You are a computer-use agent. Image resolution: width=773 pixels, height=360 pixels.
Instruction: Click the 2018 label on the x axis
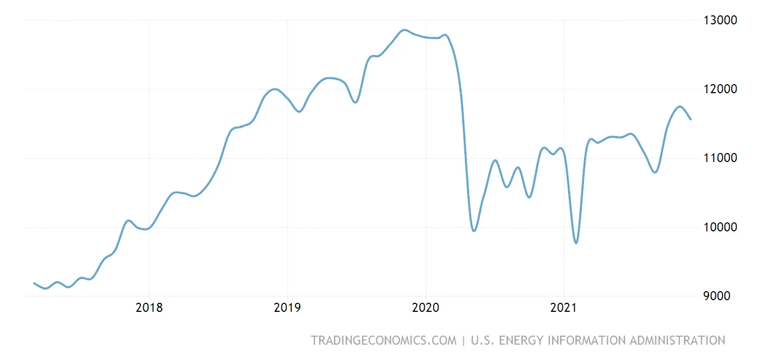pos(149,308)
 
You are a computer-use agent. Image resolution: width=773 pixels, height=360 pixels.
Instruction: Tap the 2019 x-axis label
pos(287,308)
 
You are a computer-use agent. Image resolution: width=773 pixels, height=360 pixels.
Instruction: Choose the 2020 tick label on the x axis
pos(426,308)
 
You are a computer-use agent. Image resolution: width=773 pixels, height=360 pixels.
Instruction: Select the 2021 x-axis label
pos(564,308)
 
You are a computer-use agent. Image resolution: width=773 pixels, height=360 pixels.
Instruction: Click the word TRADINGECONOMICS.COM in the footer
pos(383,340)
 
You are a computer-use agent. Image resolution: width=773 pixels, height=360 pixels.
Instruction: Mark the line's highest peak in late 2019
pos(405,30)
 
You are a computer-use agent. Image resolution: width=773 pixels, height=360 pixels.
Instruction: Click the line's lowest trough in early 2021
pos(576,243)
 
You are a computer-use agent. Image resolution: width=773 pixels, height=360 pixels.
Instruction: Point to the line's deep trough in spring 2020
pos(474,231)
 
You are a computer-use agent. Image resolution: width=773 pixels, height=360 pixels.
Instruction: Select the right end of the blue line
pos(690,120)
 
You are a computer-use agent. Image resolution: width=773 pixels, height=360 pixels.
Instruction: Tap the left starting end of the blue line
pos(34,283)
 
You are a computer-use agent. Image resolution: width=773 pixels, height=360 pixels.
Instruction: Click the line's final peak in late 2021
pos(680,106)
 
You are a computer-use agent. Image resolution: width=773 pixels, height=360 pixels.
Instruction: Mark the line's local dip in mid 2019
pos(355,102)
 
